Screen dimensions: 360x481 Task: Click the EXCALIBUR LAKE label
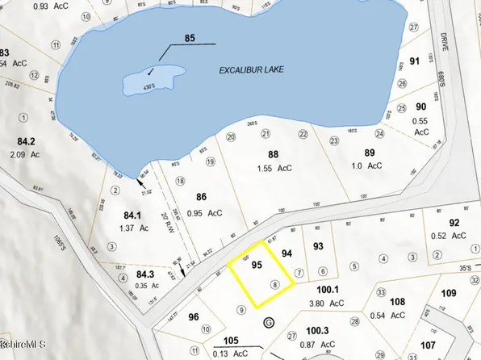pos(256,71)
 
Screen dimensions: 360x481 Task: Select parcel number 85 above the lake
pos(190,37)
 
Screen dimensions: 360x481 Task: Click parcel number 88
pos(273,154)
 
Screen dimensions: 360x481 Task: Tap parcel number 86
pos(202,195)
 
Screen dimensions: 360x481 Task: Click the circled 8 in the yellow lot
pos(276,284)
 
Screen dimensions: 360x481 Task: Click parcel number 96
pos(192,317)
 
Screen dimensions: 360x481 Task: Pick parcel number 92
pos(454,223)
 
